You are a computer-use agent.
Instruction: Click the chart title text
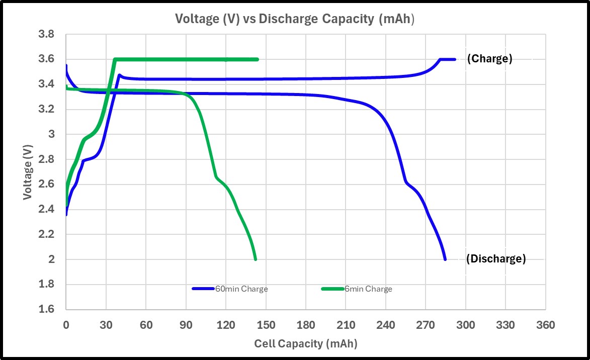click(294, 19)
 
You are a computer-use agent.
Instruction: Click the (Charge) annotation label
click(489, 59)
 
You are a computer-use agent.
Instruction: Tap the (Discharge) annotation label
click(495, 259)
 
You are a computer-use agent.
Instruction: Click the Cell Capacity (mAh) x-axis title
click(305, 344)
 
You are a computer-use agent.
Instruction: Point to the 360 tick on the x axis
click(545, 325)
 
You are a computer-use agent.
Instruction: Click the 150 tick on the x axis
click(266, 325)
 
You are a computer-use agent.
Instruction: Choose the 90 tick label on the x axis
click(186, 325)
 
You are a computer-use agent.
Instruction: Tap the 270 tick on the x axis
click(426, 325)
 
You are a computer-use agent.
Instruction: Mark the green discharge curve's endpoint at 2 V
click(256, 259)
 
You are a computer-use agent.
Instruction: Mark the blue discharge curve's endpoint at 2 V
click(445, 259)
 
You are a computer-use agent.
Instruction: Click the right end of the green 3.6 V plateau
click(257, 59)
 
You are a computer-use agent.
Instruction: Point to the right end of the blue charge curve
click(454, 59)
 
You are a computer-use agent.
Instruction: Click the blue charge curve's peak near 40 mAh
click(119, 75)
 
